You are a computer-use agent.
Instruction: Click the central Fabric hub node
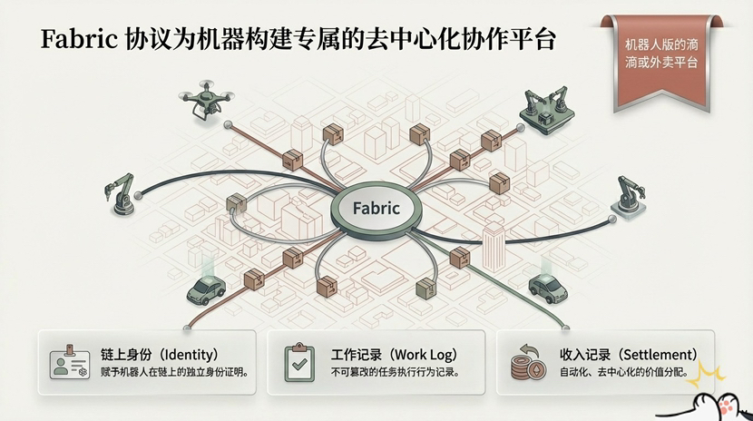tap(376, 208)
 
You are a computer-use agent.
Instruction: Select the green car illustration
tap(206, 289)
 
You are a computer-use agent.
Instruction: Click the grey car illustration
tap(548, 288)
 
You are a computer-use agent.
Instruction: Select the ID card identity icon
tap(69, 362)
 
